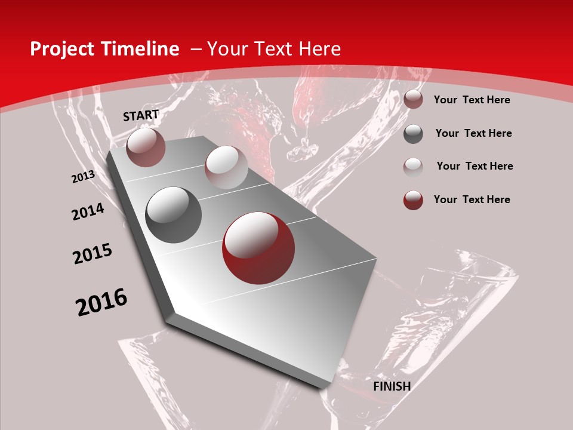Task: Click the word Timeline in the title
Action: tap(141, 49)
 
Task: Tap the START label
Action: tap(141, 115)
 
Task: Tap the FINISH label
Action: tap(392, 386)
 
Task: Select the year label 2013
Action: tap(83, 177)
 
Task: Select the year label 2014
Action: tap(88, 211)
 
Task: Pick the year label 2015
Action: tap(93, 254)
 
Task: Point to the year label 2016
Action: tap(101, 302)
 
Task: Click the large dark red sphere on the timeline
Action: tap(258, 248)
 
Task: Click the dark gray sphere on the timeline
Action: tap(174, 215)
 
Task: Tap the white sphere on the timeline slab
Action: tap(226, 167)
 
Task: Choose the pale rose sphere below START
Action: tap(146, 148)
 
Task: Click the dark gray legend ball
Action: tap(413, 134)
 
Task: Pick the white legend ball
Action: tap(413, 167)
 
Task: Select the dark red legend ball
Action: tap(413, 200)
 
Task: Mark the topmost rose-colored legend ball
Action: tap(413, 100)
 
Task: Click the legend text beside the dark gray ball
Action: tap(473, 133)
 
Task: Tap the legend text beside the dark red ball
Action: tap(472, 199)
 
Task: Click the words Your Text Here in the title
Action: tap(273, 49)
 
